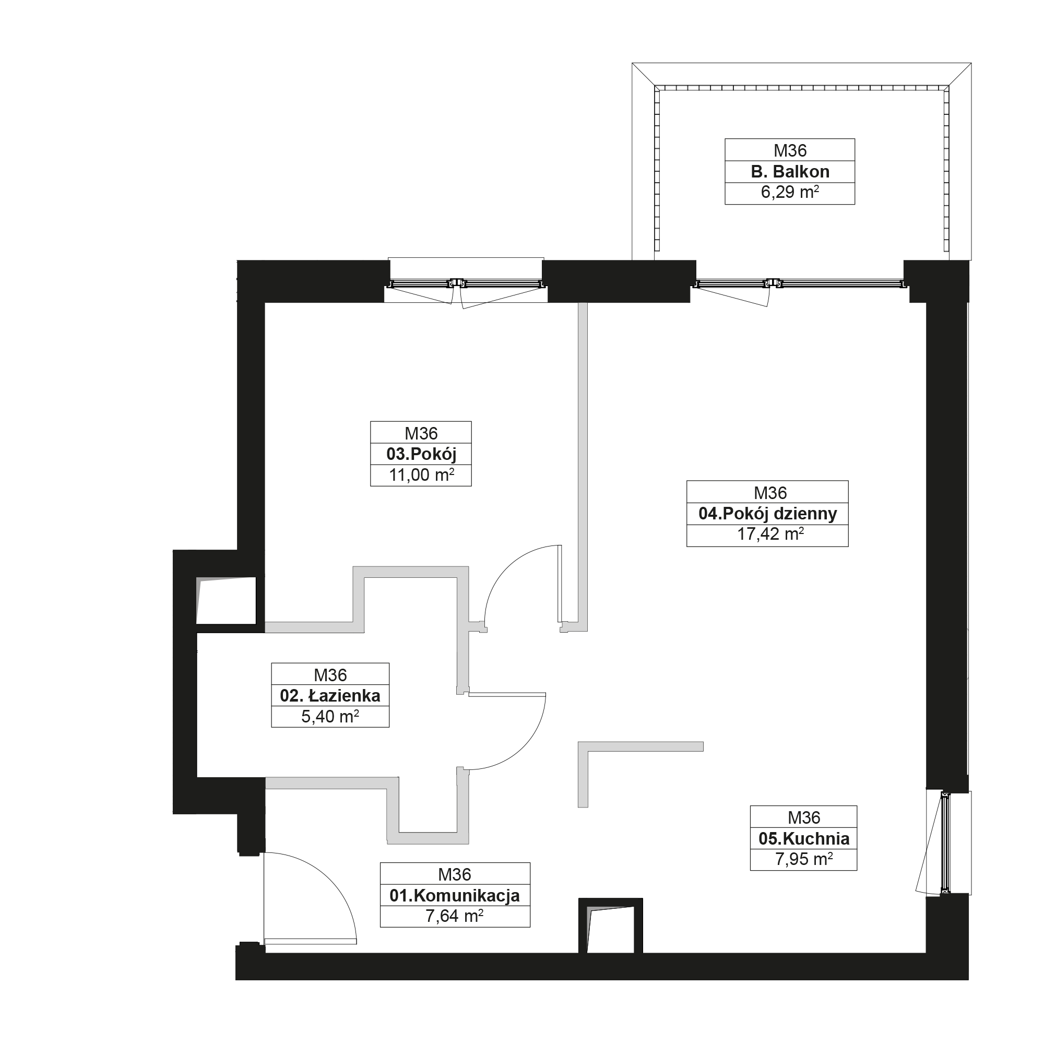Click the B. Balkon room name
tap(790, 172)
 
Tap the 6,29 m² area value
tap(790, 193)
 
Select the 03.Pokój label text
tap(421, 455)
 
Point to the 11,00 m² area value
tap(421, 475)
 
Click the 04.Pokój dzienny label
tap(767, 514)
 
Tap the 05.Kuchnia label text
tap(803, 839)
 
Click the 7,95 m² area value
tap(803, 859)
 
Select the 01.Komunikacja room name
tap(455, 895)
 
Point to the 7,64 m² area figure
tap(455, 916)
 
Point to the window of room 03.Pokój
tap(466, 282)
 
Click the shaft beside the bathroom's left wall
tap(226, 600)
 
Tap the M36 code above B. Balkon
tap(790, 150)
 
